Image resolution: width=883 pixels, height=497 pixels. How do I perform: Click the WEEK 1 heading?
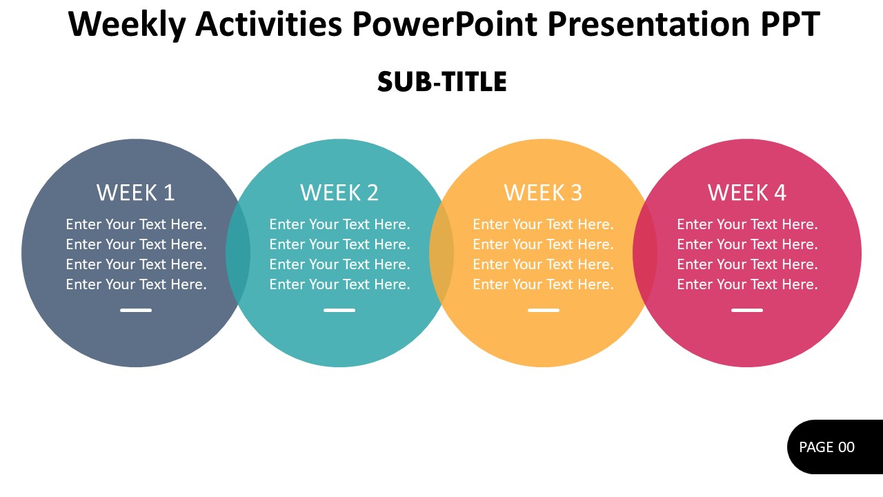tap(136, 193)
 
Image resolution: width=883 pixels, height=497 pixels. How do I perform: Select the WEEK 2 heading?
tap(339, 193)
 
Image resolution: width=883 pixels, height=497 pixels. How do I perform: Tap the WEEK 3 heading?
tap(543, 193)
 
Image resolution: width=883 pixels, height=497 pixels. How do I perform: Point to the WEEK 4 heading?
tap(747, 193)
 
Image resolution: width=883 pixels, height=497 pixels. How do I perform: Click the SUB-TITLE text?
tap(441, 82)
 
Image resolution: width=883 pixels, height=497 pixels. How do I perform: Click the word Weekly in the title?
tap(127, 25)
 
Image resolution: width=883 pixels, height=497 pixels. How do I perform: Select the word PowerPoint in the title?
tap(444, 25)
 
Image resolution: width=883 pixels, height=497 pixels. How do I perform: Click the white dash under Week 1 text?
tap(136, 311)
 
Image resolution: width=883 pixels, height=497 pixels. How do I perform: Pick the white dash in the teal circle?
tap(339, 311)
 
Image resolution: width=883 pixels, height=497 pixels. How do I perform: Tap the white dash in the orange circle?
tap(543, 311)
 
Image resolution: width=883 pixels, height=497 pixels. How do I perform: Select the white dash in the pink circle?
tap(747, 311)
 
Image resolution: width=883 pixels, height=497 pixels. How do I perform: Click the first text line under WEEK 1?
tap(136, 224)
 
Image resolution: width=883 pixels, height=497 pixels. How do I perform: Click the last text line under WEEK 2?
tap(339, 284)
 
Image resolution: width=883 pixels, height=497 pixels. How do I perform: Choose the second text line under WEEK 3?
tap(543, 244)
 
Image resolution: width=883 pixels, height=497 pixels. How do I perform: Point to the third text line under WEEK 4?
tap(747, 264)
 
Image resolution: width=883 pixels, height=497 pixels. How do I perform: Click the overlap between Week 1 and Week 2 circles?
tap(237, 253)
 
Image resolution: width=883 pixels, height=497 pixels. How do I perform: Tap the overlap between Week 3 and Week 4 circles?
tap(645, 253)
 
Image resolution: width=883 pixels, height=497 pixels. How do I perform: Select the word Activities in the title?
tap(269, 25)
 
